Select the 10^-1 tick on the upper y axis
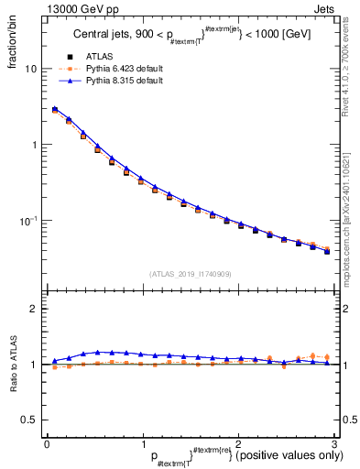[28, 221]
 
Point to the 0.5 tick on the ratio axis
[29, 420]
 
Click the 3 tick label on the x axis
[335, 444]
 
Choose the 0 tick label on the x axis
[47, 444]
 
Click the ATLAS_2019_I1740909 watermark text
[190, 273]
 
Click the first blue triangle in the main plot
[55, 108]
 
